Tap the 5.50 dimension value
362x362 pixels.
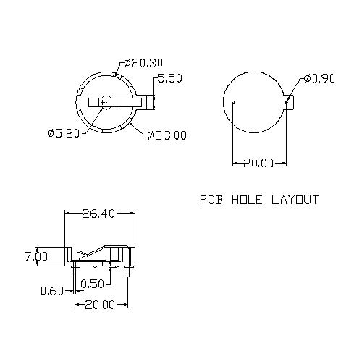[169, 79]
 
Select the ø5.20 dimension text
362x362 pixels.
[63, 132]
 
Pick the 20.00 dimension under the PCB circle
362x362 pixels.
[258, 163]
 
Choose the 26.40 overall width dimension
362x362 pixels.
[100, 214]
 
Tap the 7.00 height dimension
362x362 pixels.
[35, 256]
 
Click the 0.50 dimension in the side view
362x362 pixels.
[92, 283]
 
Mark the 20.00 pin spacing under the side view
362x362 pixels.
[100, 305]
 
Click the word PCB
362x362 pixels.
[211, 200]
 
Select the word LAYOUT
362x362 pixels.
[295, 200]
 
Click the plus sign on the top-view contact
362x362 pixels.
[106, 103]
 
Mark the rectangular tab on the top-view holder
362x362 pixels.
[148, 103]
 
